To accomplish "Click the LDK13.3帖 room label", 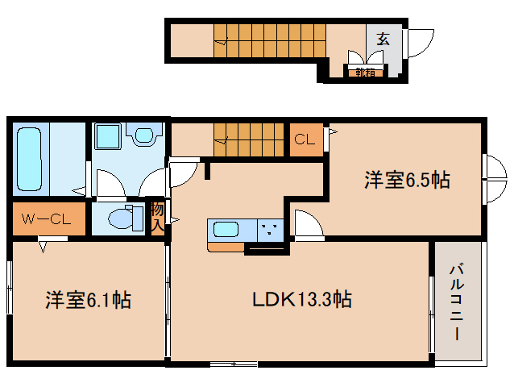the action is click(x=302, y=299).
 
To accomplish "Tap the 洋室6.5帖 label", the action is click(x=407, y=180).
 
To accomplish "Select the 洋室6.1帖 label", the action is click(x=88, y=299).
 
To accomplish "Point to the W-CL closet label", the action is click(x=46, y=219).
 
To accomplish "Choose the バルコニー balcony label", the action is click(x=456, y=302).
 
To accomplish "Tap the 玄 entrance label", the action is click(x=383, y=39).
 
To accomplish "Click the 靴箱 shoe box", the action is click(x=365, y=73).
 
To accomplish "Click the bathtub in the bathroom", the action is click(x=30, y=159).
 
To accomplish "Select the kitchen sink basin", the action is click(x=226, y=229).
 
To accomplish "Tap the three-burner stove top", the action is click(x=271, y=231).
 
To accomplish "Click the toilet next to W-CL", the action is click(x=126, y=218).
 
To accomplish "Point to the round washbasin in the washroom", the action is click(x=144, y=135).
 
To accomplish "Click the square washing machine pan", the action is click(x=107, y=136).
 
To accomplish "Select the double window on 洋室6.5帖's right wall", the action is click(x=495, y=179).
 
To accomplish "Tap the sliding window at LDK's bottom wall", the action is click(x=234, y=364).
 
